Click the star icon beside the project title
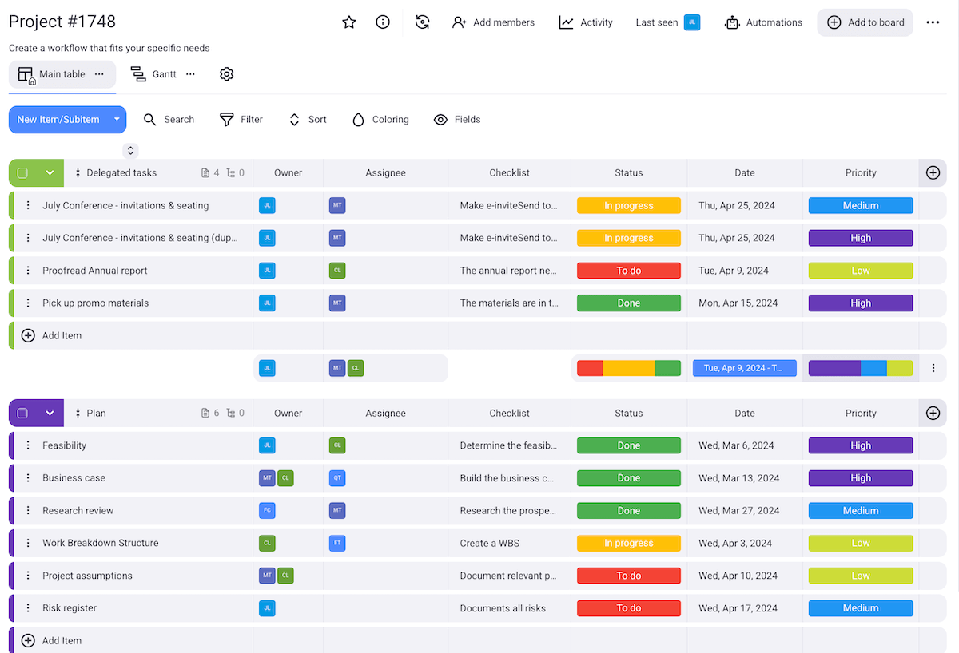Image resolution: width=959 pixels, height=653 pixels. [349, 22]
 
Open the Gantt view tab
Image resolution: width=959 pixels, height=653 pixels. [163, 74]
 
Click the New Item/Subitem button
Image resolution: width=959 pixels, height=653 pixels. [58, 120]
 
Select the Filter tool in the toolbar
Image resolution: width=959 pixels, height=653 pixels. [241, 120]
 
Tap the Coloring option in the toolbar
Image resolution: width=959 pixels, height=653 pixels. [380, 120]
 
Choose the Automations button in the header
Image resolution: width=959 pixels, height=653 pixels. [763, 22]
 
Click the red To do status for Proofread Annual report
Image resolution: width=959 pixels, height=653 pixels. [628, 271]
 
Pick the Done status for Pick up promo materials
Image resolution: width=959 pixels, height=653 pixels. [628, 303]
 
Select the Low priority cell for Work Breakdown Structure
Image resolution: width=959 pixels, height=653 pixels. [860, 544]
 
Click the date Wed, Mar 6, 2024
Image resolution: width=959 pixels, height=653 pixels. [736, 446]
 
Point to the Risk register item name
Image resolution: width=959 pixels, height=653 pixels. [70, 608]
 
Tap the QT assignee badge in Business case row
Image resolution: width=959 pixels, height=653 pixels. [337, 478]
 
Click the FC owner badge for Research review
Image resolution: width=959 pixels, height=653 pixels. [268, 511]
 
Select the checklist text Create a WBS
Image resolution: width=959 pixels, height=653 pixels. [490, 544]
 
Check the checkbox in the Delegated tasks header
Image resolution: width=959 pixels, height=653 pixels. [22, 173]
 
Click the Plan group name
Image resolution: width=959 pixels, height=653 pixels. [96, 414]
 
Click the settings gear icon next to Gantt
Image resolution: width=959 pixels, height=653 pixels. [227, 74]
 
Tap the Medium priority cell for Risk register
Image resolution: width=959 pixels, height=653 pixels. [860, 608]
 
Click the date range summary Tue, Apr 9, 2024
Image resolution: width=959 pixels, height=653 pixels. [744, 368]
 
